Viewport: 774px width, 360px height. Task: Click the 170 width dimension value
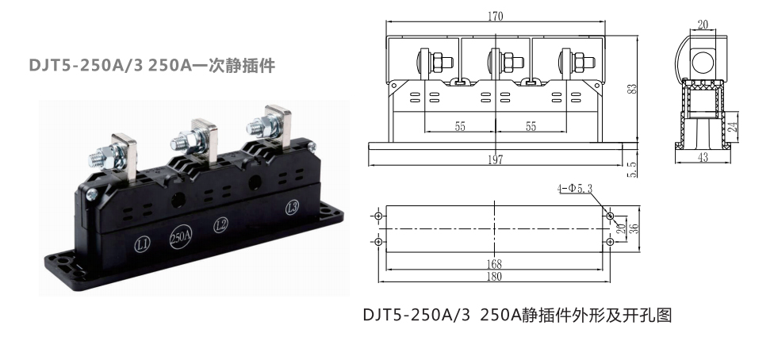tap(495, 17)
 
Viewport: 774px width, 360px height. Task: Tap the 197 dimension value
tap(495, 159)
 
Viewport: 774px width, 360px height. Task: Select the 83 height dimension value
tap(632, 89)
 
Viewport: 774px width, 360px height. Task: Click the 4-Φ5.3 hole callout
tap(575, 188)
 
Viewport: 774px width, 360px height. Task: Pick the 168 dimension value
tap(493, 264)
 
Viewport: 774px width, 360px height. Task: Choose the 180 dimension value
tap(493, 277)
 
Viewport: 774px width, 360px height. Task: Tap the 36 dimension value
tap(634, 228)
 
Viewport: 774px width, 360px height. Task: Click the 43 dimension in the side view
tap(703, 158)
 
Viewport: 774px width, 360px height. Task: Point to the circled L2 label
tap(220, 226)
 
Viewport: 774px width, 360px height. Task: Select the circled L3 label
tap(292, 208)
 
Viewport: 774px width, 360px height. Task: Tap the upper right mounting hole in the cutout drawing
tap(610, 216)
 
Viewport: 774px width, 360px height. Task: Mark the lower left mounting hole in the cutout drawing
tap(378, 242)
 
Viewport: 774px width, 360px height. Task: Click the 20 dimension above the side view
tap(703, 25)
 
